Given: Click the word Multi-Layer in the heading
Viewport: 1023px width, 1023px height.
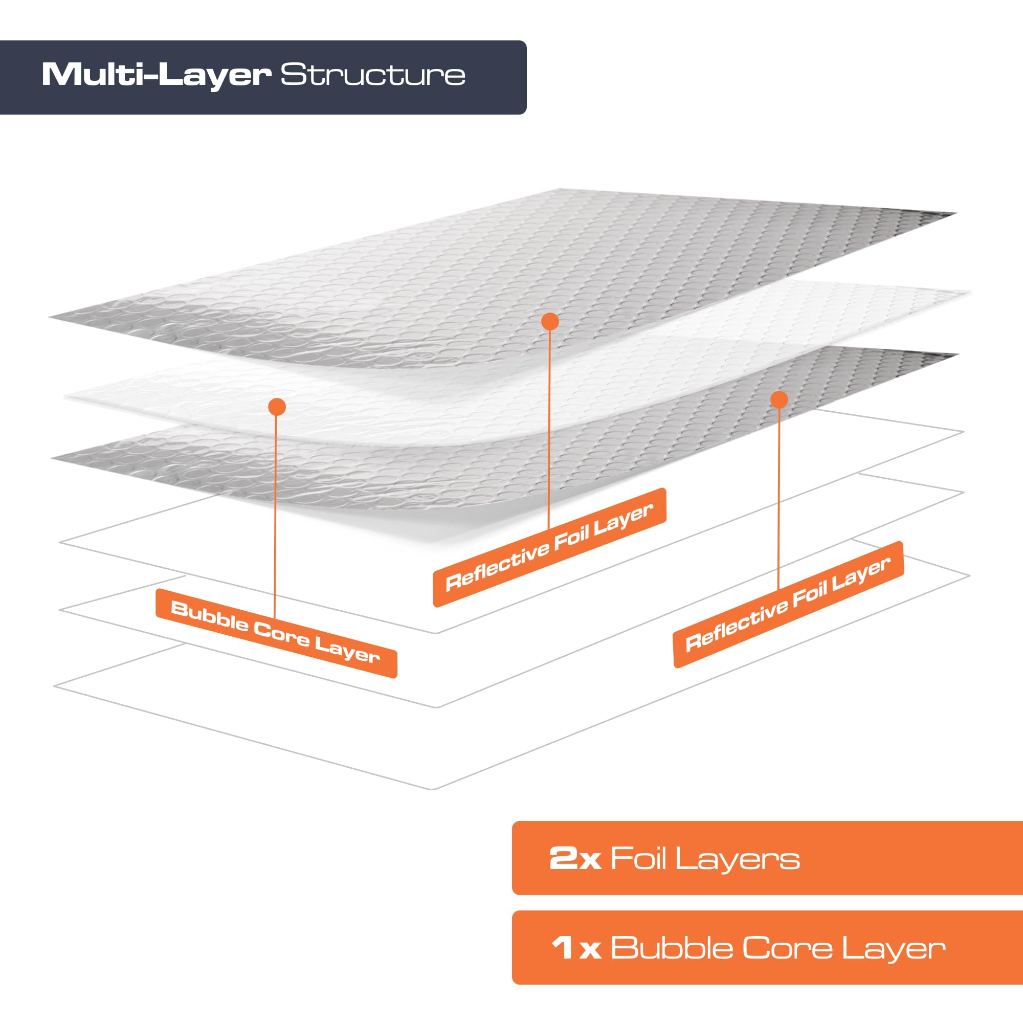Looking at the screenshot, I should tap(156, 75).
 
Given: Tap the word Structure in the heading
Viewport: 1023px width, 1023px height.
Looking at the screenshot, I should tap(373, 75).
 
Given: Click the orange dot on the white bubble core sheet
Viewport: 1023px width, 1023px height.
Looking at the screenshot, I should tap(277, 407).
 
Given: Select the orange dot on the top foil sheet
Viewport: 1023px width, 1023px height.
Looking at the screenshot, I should tap(550, 321).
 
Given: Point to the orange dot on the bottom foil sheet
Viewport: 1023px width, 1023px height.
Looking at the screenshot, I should tap(779, 400).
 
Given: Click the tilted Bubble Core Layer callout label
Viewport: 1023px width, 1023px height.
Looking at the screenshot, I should tap(276, 633).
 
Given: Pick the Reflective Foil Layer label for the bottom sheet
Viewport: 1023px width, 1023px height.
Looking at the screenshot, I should tap(788, 604).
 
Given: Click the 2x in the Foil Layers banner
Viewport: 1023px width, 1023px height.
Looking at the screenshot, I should tap(575, 858).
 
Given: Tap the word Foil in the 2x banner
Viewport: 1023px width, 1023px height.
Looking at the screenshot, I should tap(638, 858).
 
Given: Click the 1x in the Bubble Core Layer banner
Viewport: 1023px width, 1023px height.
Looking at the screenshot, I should tap(576, 948).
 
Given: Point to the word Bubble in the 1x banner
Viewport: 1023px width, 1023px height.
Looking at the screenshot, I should tap(672, 948).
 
